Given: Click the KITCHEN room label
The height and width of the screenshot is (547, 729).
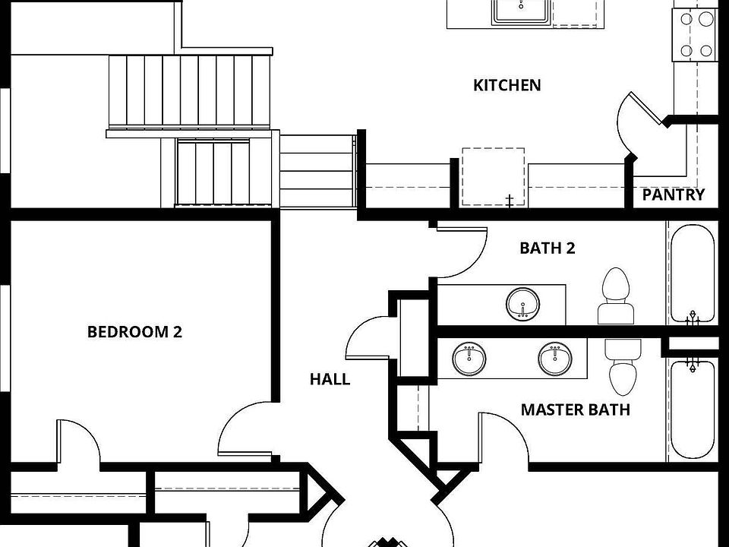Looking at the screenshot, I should [x=507, y=85].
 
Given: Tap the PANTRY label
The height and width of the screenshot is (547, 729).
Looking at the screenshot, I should [x=673, y=194].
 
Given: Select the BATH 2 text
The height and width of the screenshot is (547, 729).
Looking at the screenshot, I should [x=547, y=248].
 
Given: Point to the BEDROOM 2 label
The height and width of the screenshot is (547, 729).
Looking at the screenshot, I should [x=134, y=331].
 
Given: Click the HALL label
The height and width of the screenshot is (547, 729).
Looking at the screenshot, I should [x=330, y=379].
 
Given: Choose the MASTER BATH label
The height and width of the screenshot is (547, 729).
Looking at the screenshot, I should [x=575, y=410].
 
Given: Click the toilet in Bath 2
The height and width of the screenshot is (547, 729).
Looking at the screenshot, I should [x=616, y=296].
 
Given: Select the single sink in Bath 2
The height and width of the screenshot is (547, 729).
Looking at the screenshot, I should [x=523, y=304].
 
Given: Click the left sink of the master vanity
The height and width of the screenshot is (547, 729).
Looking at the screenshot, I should [x=469, y=359].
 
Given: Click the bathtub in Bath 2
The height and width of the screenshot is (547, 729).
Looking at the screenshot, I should [x=691, y=272].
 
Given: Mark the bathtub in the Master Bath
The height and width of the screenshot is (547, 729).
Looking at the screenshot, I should [x=691, y=409].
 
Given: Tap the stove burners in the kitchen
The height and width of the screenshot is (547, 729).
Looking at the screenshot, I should [x=696, y=35].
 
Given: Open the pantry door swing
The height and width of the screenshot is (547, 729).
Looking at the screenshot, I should [x=634, y=125].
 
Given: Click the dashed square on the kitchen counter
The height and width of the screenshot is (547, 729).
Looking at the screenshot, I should [x=493, y=176].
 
